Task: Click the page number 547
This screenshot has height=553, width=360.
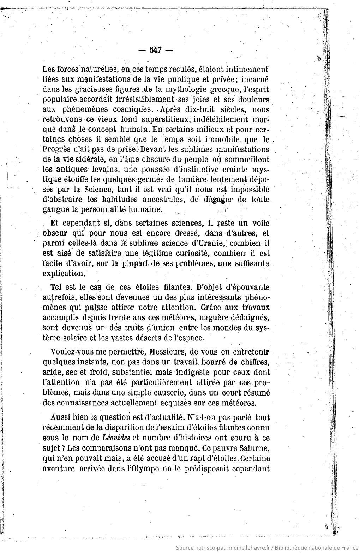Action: [x=155, y=50]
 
